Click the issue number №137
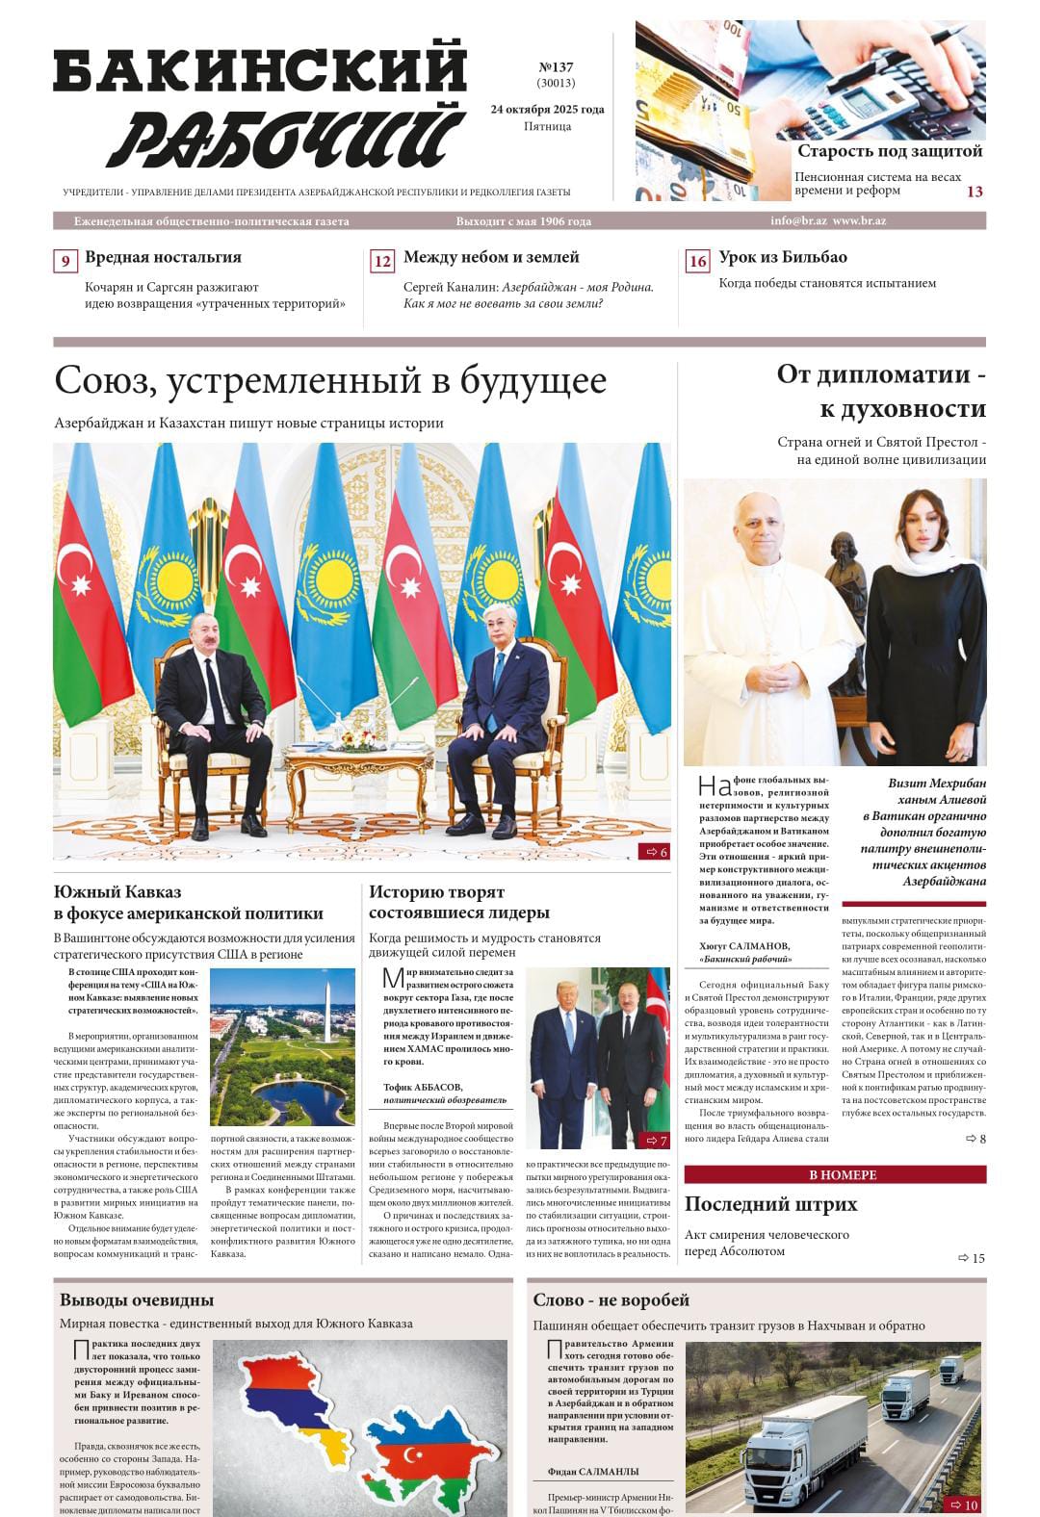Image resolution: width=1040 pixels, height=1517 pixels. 555,67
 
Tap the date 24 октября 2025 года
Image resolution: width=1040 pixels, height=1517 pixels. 547,109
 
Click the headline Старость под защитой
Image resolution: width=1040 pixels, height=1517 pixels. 890,151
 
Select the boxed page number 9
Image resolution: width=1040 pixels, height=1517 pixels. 65,262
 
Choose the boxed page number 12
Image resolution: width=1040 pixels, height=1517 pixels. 382,262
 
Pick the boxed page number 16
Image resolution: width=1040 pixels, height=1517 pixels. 697,262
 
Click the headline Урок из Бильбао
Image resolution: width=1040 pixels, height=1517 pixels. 783,257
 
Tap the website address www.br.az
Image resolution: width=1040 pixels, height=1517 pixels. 859,220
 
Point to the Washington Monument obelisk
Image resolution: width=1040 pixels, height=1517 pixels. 325,1011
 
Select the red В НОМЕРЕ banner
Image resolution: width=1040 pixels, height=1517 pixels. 835,1174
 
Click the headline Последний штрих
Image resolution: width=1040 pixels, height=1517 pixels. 770,1204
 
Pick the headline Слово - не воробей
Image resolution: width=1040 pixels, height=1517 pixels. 611,1299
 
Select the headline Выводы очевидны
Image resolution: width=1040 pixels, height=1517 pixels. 137,1299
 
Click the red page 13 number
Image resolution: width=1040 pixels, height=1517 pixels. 975,192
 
